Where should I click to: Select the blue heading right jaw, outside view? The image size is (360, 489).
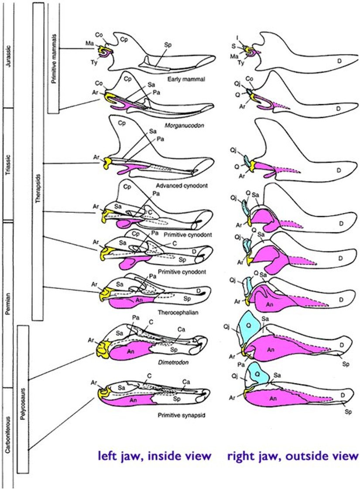pyautogui.click(x=292, y=456)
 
